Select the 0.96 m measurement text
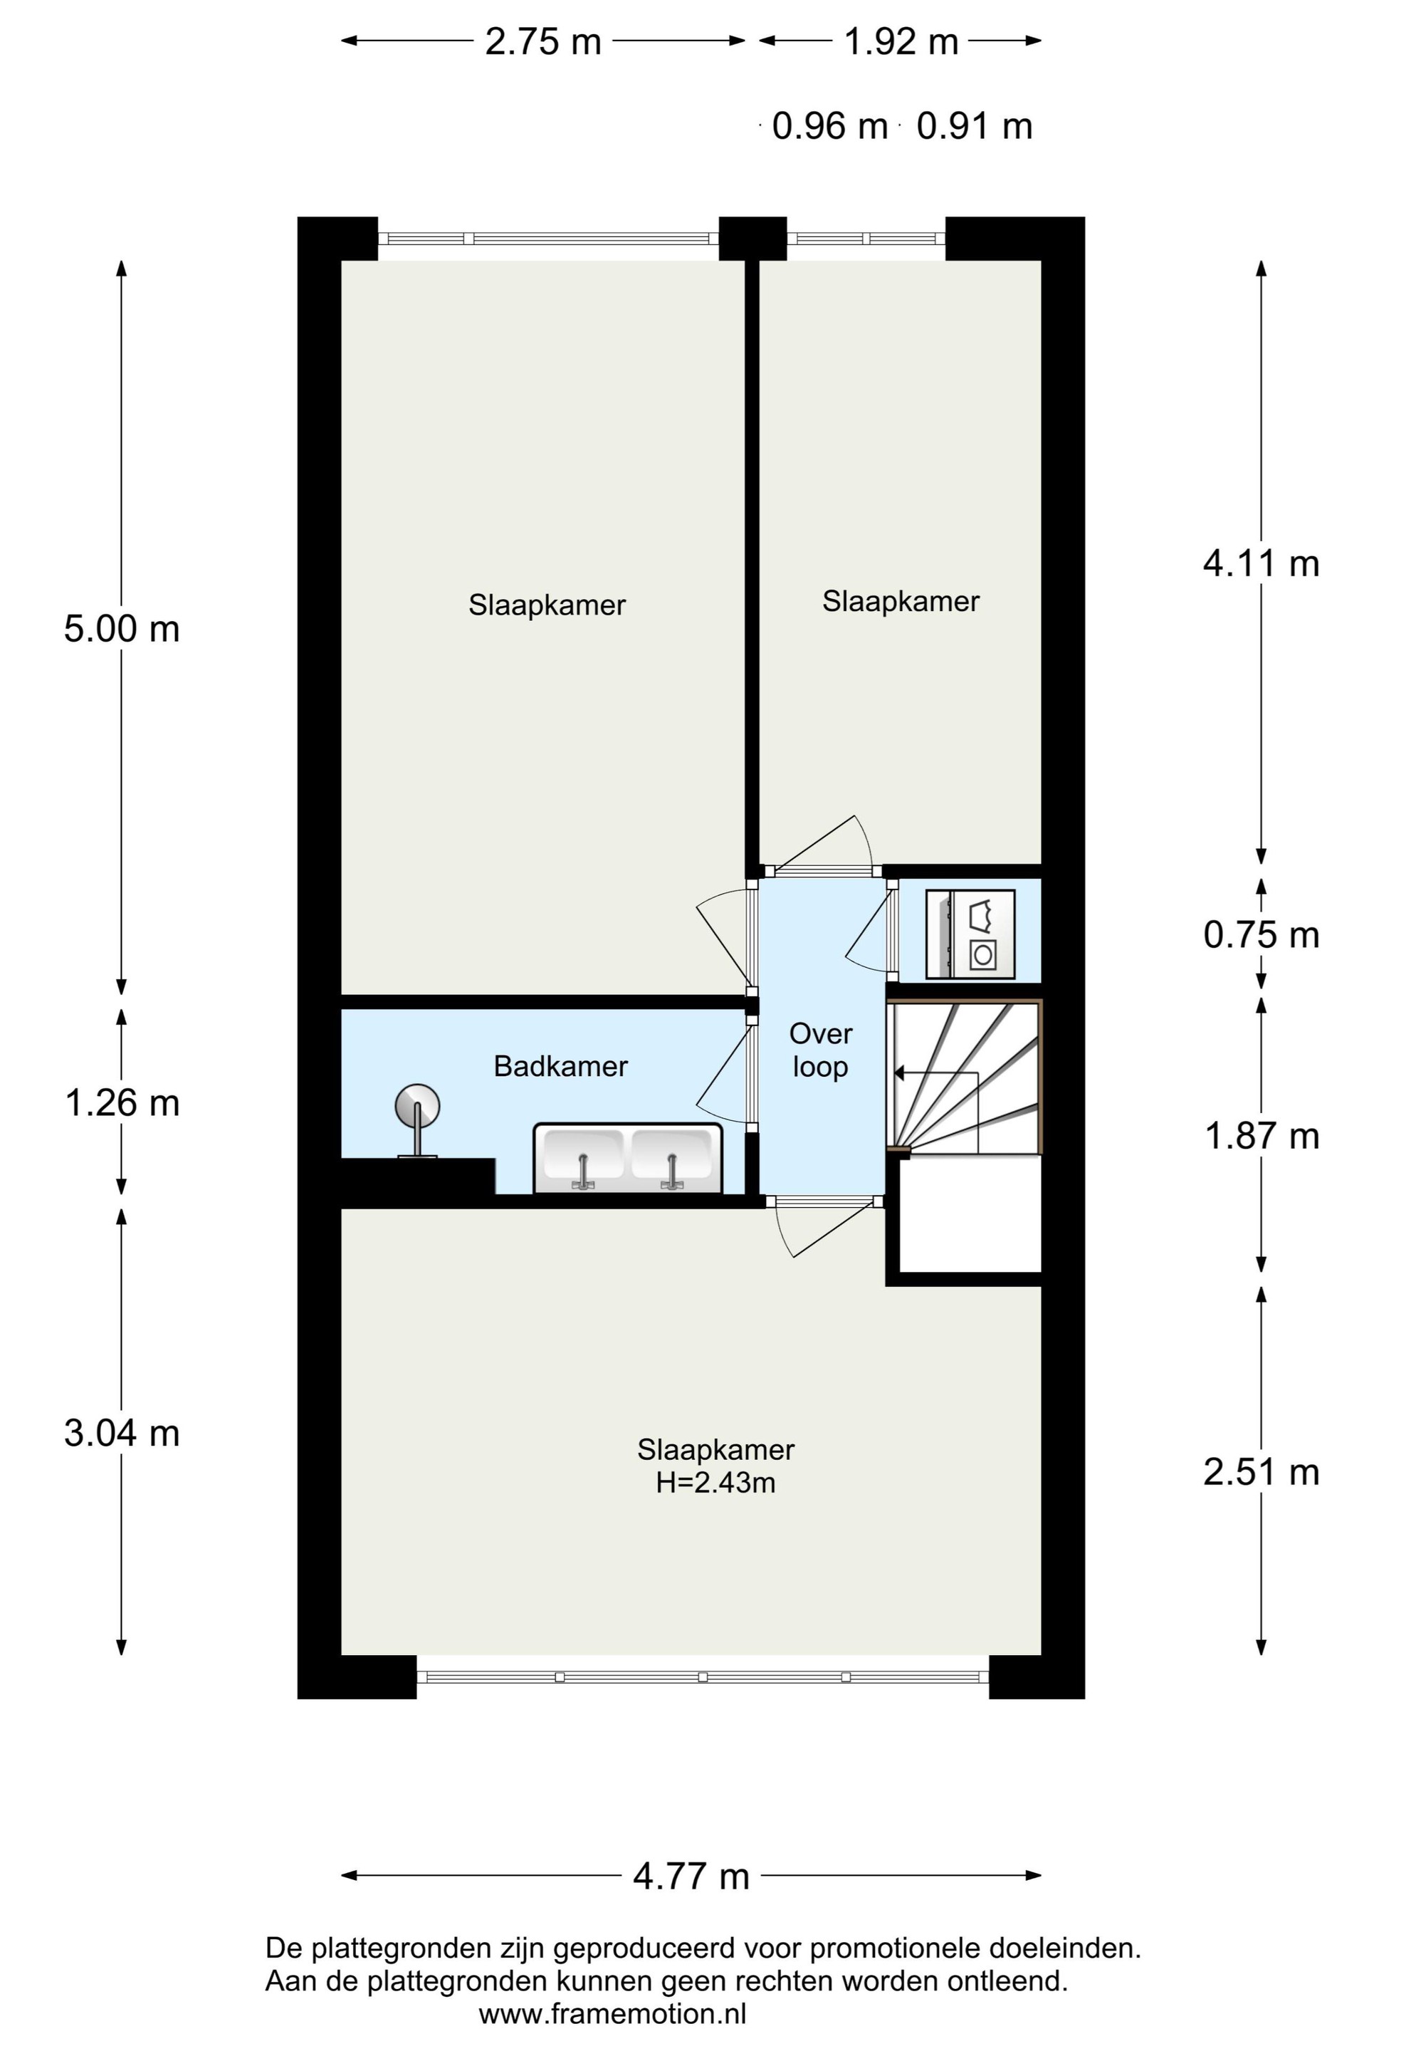[x=829, y=127]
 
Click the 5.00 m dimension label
[x=122, y=630]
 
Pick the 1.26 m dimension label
[x=122, y=1103]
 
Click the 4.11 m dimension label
[x=1261, y=563]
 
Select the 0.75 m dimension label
[x=1261, y=934]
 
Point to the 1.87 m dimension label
[x=1261, y=1136]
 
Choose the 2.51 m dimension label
[x=1261, y=1472]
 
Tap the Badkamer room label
[x=561, y=1066]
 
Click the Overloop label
[x=821, y=1050]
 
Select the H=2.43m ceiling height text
[x=715, y=1483]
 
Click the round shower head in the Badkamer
[x=417, y=1107]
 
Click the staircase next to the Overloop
[x=965, y=1077]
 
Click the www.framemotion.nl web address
[x=612, y=2014]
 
